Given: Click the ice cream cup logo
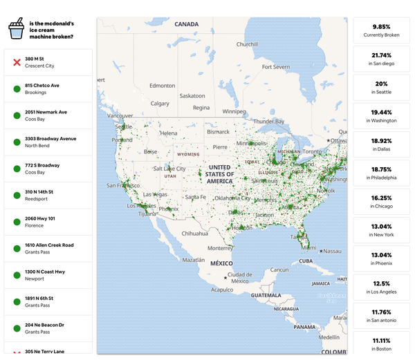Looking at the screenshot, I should click(16, 28).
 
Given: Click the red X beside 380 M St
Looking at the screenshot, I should click(17, 62).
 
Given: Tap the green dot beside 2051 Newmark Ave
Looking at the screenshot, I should click(17, 115).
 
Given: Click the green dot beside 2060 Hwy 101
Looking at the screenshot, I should click(17, 222).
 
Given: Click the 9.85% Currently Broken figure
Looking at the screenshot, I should click(381, 29).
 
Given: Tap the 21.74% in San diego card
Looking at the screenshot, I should click(381, 59).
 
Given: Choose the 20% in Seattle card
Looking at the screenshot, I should click(381, 87).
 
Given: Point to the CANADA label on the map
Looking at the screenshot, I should click(186, 24).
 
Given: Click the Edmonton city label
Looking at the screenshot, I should click(163, 86).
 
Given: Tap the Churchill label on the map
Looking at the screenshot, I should click(247, 44).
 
